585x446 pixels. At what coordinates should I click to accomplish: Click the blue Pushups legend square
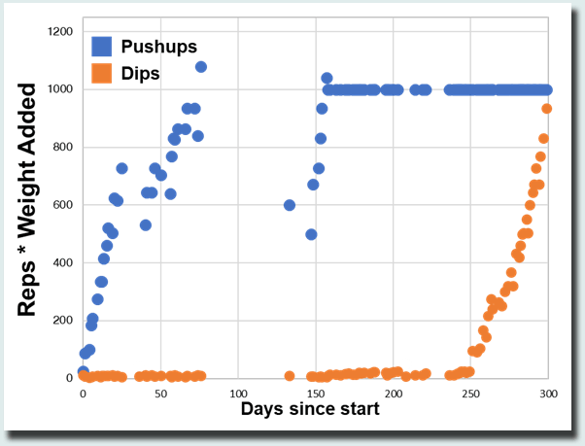tap(102, 46)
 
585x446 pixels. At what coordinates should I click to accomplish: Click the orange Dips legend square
tap(102, 73)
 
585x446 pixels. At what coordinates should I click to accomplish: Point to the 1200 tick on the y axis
tap(60, 32)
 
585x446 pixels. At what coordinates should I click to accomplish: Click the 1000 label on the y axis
tap(60, 89)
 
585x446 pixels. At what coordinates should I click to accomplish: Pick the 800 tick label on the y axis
tap(63, 148)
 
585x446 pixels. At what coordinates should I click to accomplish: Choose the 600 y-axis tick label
tap(63, 205)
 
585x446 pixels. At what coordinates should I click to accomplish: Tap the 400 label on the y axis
tap(63, 263)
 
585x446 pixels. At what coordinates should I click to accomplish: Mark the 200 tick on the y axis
tap(63, 321)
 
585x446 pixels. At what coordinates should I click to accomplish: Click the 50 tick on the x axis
tap(159, 394)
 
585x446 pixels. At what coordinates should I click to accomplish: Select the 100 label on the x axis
tap(237, 394)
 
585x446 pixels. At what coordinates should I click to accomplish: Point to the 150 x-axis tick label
tap(315, 394)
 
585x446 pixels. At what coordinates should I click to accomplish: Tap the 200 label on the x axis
tap(393, 394)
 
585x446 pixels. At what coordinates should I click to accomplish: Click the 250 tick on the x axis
tap(470, 394)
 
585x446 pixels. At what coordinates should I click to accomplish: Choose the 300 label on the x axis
tap(548, 394)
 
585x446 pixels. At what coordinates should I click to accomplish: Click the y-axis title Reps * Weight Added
tap(29, 199)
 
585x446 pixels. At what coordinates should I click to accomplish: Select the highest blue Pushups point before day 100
tap(201, 67)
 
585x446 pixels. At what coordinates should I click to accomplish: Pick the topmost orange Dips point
tap(547, 109)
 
